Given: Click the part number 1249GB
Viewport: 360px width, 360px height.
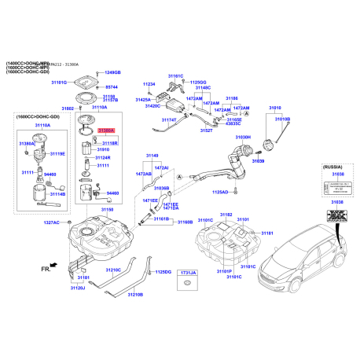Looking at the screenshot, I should pos(113,72).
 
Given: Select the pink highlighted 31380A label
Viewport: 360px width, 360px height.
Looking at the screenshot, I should pos(106,130).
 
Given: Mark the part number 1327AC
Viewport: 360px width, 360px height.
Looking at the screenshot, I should pos(50,222).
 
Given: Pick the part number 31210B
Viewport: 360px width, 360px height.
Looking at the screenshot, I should pos(134,294).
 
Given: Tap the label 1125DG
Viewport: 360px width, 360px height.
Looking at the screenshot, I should pos(163,271).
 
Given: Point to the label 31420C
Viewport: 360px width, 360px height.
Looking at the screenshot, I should pos(152,105).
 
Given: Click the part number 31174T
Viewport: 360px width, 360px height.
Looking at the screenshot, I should pos(171,120).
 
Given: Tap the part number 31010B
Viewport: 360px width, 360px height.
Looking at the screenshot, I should pos(282,119).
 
